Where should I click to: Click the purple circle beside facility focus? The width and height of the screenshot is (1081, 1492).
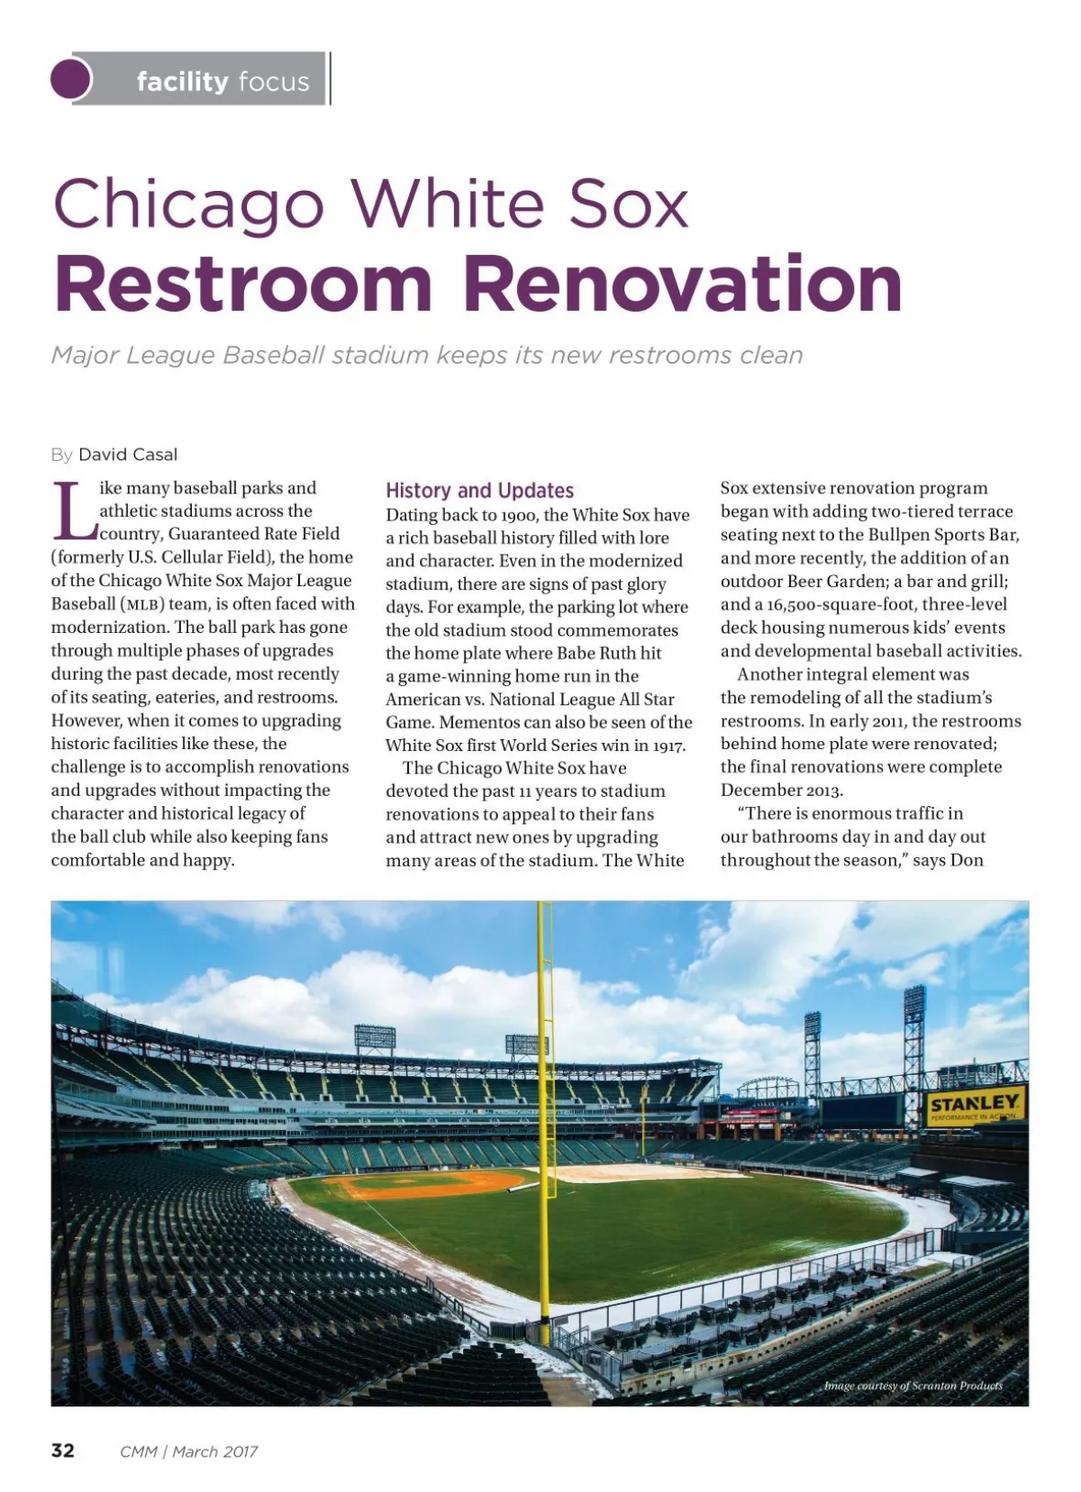[71, 79]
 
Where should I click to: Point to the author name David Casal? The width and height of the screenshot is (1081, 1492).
[128, 455]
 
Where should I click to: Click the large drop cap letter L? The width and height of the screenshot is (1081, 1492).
[72, 511]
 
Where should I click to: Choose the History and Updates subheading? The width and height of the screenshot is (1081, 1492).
[479, 491]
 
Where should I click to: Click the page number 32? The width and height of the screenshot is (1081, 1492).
[63, 1451]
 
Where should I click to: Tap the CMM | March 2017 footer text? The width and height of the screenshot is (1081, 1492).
[188, 1451]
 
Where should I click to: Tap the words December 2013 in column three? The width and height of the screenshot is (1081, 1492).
[781, 791]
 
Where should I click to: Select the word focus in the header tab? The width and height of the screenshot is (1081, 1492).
[274, 82]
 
